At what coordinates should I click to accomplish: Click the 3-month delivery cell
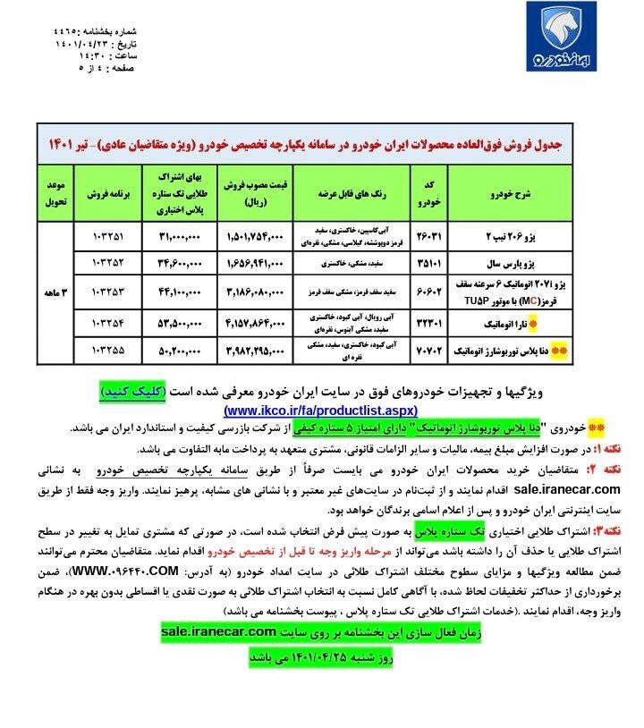55,291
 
